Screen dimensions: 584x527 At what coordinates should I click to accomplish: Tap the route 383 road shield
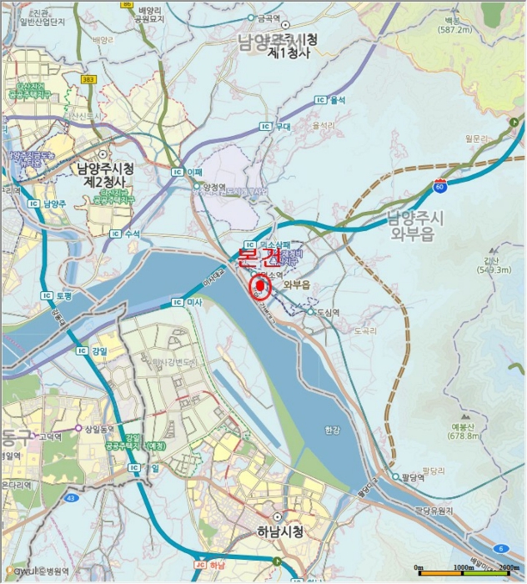point(89,78)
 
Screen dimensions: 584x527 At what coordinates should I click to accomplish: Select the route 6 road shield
point(500,548)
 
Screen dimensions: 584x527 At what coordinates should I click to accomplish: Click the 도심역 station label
point(329,312)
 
